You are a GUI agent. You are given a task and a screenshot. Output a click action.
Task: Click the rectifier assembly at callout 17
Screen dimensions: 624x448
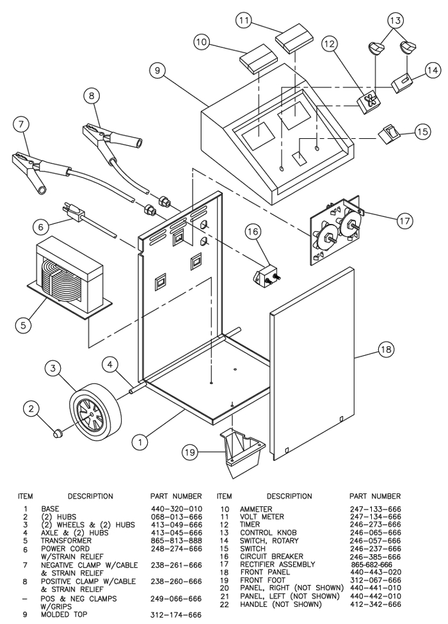coord(333,234)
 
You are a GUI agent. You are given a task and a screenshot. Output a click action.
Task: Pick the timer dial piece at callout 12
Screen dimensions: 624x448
coord(369,101)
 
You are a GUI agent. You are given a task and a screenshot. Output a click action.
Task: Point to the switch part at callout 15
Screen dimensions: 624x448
coord(392,134)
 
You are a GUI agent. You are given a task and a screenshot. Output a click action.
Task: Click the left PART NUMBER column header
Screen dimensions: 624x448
coord(175,496)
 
